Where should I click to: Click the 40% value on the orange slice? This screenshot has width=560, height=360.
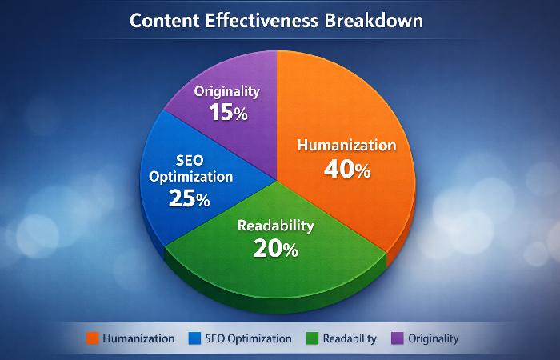[x=346, y=170]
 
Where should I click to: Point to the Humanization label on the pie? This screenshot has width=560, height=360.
[x=346, y=146]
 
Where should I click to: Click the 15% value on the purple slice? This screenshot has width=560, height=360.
[x=228, y=112]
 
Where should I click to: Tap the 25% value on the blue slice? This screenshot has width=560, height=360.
[x=189, y=198]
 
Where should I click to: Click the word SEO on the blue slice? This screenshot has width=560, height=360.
[x=189, y=158]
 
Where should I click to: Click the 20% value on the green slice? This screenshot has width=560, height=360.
[x=276, y=249]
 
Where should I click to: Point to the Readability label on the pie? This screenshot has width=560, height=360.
[x=276, y=226]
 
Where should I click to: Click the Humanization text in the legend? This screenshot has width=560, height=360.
[x=139, y=338]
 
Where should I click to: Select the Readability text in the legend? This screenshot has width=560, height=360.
[x=350, y=338]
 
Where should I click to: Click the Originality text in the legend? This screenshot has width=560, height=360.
[x=434, y=338]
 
